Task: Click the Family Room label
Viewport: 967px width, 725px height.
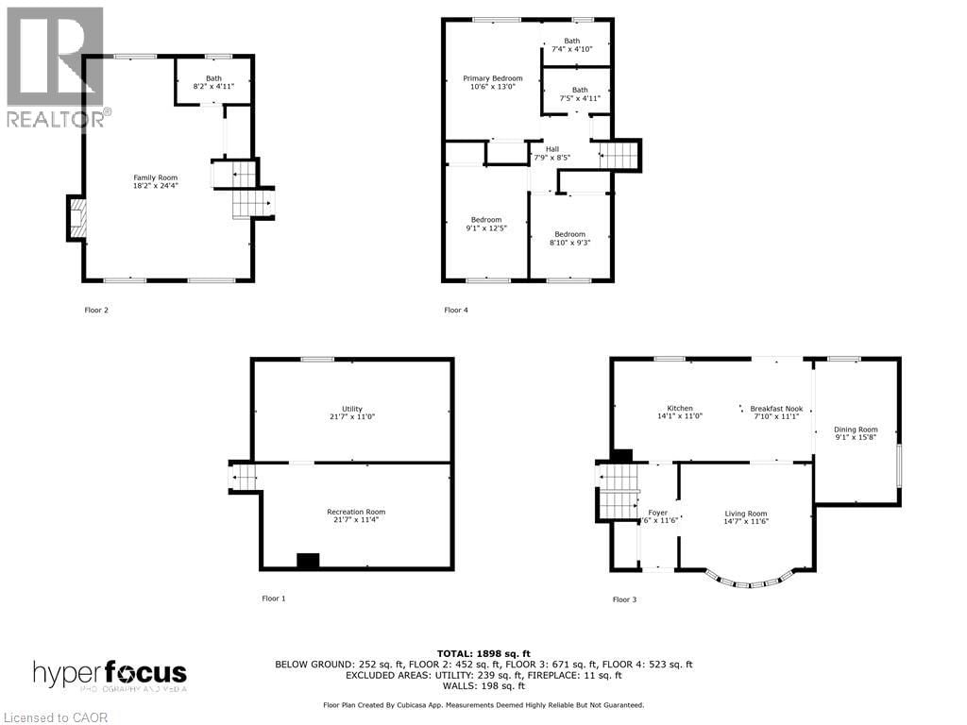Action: (x=155, y=182)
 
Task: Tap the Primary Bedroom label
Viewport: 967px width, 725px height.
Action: (x=492, y=83)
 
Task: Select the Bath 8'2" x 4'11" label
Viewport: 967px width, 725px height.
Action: (x=213, y=83)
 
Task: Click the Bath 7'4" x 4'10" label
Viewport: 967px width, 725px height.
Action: (x=572, y=45)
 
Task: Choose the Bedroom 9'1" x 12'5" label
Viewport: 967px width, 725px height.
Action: (x=486, y=224)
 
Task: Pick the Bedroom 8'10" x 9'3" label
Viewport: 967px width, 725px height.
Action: (x=569, y=239)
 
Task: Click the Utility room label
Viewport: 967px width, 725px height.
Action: (x=351, y=413)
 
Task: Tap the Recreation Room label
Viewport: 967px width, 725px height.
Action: (x=356, y=516)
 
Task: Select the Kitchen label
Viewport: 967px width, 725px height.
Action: (x=680, y=413)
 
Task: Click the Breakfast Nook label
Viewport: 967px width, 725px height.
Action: (x=776, y=413)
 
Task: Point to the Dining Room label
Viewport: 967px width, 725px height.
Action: (x=856, y=433)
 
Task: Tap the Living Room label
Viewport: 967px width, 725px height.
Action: (x=745, y=517)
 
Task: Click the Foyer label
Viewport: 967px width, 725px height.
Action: (x=657, y=517)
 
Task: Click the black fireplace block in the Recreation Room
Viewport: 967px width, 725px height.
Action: (x=308, y=560)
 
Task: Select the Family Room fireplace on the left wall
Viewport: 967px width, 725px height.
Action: (x=76, y=219)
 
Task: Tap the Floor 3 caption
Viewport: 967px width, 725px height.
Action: (x=625, y=599)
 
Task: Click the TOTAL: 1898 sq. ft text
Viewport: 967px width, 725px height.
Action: (x=483, y=653)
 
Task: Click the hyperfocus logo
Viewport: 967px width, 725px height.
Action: (x=110, y=676)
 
